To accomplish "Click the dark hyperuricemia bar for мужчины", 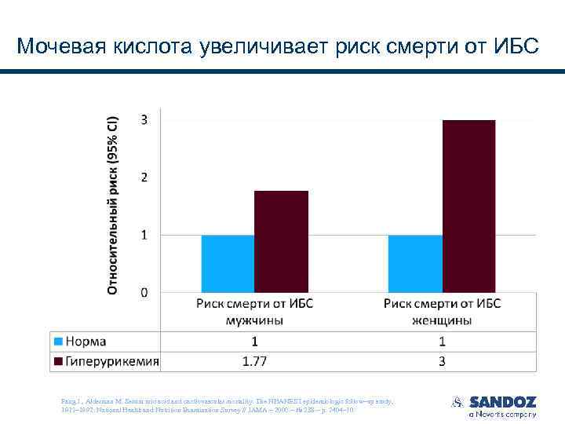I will [x=281, y=241].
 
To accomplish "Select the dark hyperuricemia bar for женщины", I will [x=468, y=206].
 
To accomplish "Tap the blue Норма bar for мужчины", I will [x=228, y=264].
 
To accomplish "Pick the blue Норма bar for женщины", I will [x=415, y=264].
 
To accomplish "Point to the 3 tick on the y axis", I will [x=144, y=119].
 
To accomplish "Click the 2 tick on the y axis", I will [x=144, y=177].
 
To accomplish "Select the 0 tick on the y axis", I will [x=144, y=293].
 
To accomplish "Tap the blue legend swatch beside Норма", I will [x=58, y=342].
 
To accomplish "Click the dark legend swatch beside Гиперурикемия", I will [x=58, y=362].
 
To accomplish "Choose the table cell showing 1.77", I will [x=254, y=362].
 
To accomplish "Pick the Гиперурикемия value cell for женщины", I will [x=443, y=362].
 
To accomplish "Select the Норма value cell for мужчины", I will [x=254, y=342].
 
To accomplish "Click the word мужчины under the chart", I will [x=254, y=320].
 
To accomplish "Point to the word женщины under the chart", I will [x=443, y=320].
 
